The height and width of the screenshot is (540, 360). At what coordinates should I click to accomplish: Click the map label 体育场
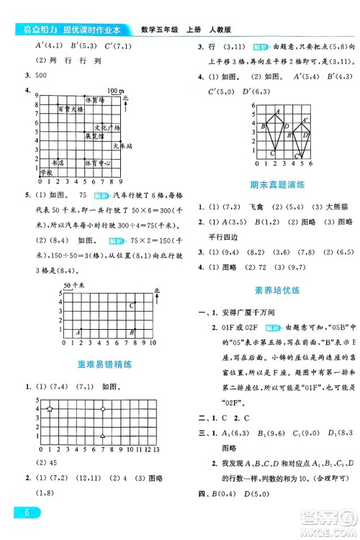95,101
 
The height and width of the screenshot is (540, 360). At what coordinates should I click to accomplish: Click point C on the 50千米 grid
132,305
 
